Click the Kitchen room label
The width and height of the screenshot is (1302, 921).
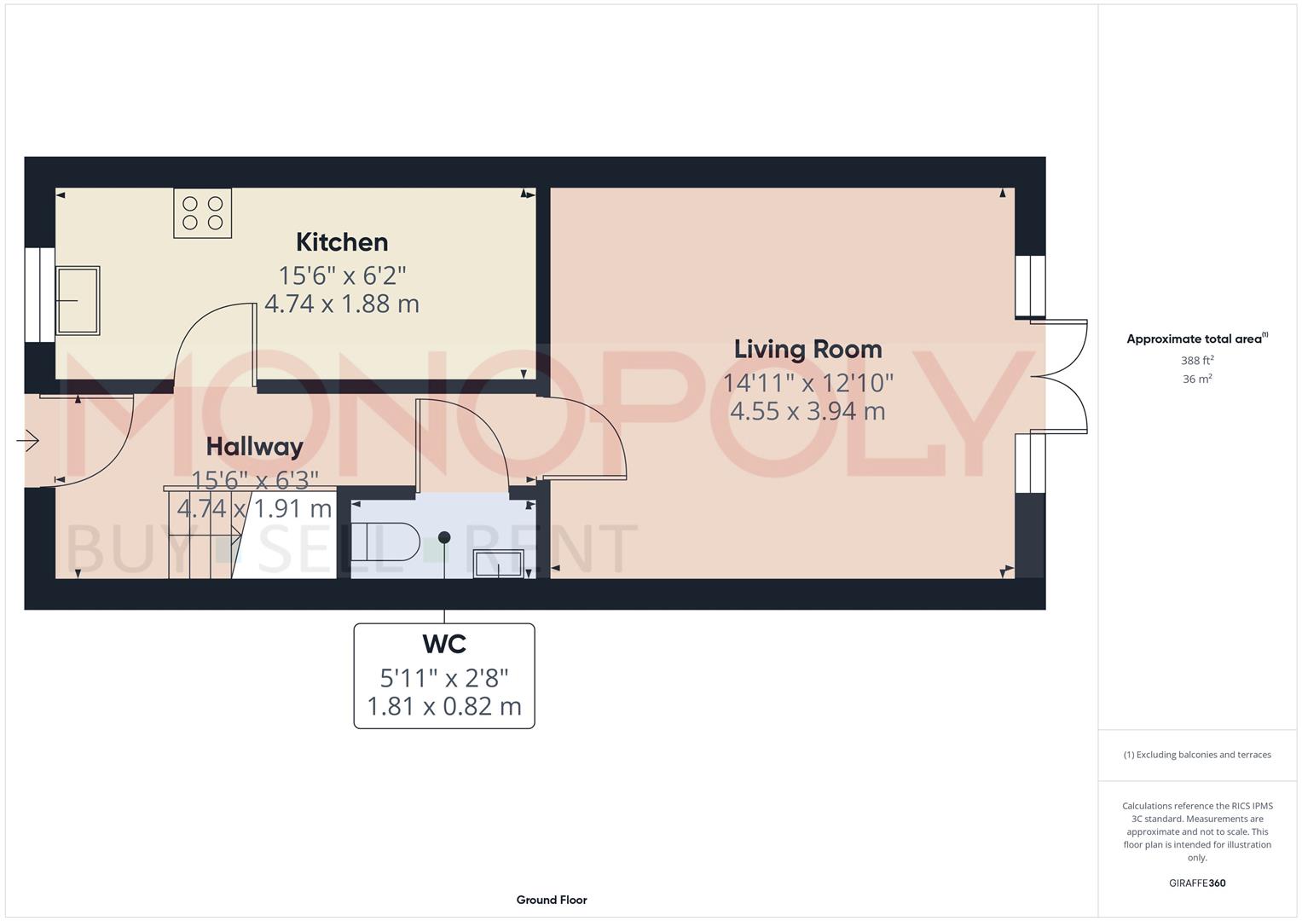point(342,242)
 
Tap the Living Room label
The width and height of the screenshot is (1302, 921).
point(807,350)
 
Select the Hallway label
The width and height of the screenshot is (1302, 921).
point(254,447)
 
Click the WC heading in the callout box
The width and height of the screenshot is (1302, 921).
point(444,644)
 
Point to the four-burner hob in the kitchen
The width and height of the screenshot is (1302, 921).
point(203,213)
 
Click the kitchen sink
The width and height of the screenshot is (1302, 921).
point(78,300)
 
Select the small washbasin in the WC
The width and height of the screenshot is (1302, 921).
point(499,564)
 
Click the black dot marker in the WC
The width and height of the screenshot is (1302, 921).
point(444,537)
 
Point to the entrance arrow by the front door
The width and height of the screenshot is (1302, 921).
point(28,441)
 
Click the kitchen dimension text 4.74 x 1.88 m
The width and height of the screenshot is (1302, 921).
point(342,304)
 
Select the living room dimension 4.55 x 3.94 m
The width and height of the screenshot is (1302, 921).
point(807,411)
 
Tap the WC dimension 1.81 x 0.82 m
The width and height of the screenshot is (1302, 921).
point(444,707)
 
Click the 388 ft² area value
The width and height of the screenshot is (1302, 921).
point(1197,361)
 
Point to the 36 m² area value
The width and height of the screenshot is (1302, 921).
point(1197,379)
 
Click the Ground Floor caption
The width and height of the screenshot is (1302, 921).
point(552,900)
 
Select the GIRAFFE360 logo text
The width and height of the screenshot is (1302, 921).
point(1197,883)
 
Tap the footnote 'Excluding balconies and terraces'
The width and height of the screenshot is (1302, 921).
point(1197,755)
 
